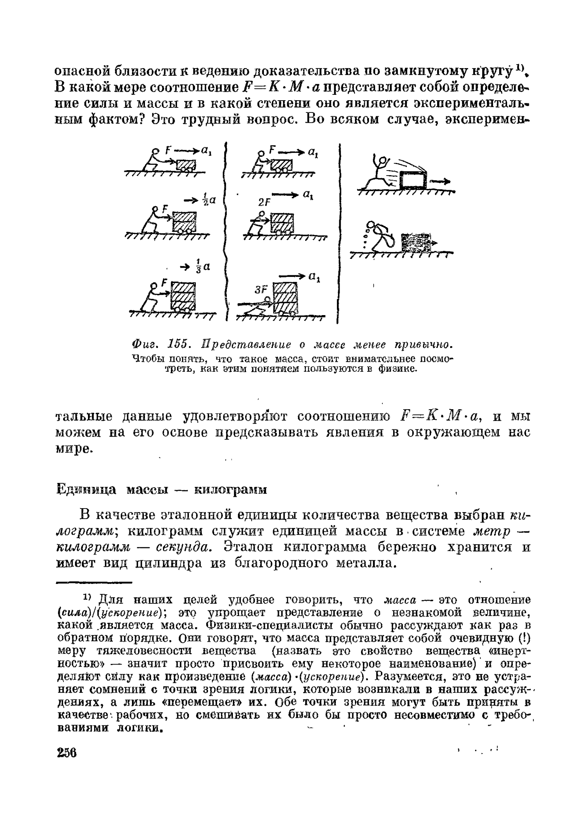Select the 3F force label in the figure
261,290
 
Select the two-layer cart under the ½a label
185,222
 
